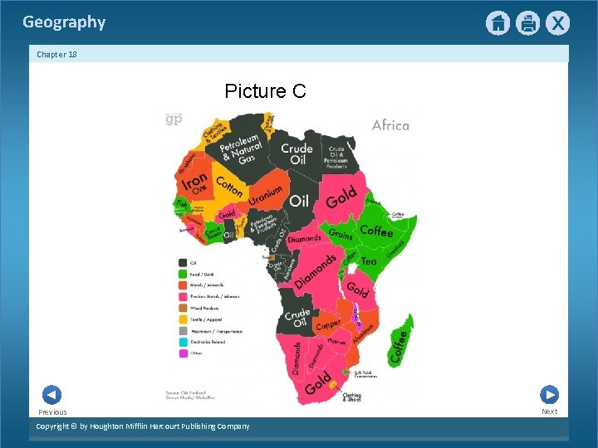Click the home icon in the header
(x=498, y=23)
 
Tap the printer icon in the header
(x=527, y=23)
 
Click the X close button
(x=557, y=23)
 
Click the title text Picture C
(x=265, y=90)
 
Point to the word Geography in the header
(x=64, y=22)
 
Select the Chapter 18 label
(x=56, y=54)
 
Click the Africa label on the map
(x=390, y=125)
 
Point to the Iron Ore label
(x=195, y=183)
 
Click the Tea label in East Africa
(x=369, y=261)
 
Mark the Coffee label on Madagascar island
(x=398, y=343)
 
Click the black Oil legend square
(x=181, y=263)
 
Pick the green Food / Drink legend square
(x=181, y=274)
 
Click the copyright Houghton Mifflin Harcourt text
(x=143, y=426)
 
